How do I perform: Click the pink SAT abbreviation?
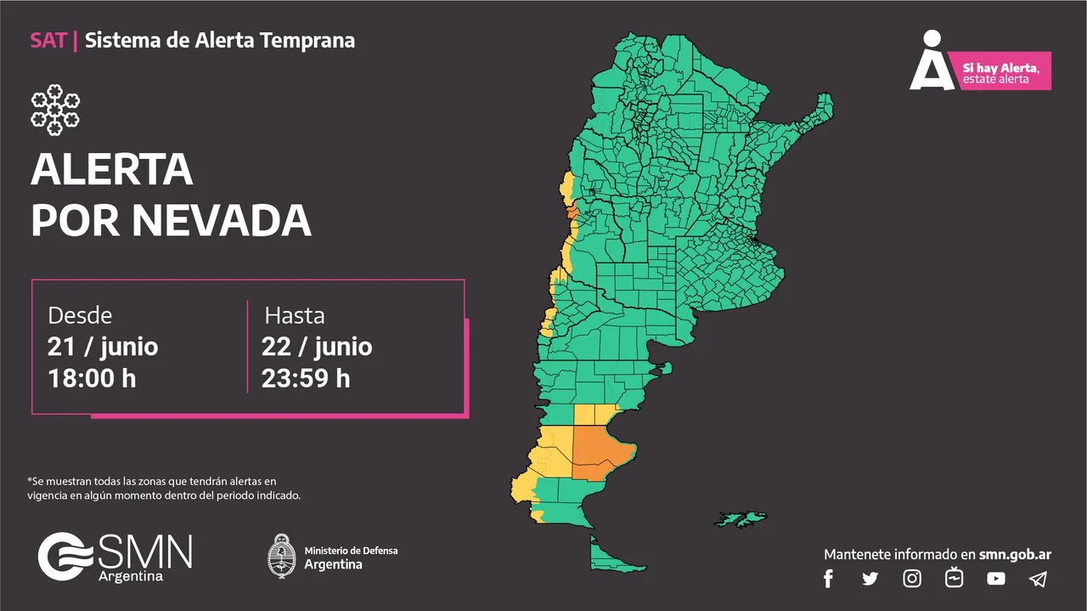pyautogui.click(x=48, y=40)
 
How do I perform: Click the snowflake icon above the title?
pyautogui.click(x=55, y=110)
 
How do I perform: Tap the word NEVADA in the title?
pyautogui.click(x=222, y=220)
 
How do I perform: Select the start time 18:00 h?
pyautogui.click(x=92, y=378)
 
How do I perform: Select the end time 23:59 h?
pyautogui.click(x=306, y=378)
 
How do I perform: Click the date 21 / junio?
pyautogui.click(x=103, y=347)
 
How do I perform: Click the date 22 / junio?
pyautogui.click(x=317, y=347)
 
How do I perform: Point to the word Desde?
pyautogui.click(x=80, y=315)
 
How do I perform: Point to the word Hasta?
pyautogui.click(x=294, y=315)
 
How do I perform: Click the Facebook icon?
pyautogui.click(x=829, y=579)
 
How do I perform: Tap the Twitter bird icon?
pyautogui.click(x=870, y=579)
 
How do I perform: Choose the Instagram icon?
pyautogui.click(x=912, y=579)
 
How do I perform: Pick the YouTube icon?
pyautogui.click(x=996, y=579)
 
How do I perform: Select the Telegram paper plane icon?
pyautogui.click(x=1038, y=579)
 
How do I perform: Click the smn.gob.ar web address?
pyautogui.click(x=1015, y=554)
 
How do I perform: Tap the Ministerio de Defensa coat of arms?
pyautogui.click(x=281, y=556)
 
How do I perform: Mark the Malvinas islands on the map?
pyautogui.click(x=742, y=518)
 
